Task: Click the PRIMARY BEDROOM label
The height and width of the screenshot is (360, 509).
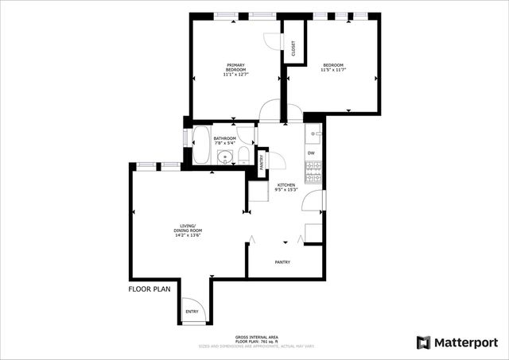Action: (x=236, y=68)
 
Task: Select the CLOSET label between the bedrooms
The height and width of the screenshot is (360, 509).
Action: (x=293, y=49)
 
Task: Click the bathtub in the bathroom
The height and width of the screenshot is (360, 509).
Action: (x=201, y=145)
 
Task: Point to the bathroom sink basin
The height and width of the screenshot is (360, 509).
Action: (x=225, y=157)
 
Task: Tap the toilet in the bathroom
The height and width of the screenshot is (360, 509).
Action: (x=244, y=155)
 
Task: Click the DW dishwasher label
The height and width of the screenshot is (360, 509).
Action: (x=311, y=153)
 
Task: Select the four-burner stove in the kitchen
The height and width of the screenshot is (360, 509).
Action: (x=313, y=168)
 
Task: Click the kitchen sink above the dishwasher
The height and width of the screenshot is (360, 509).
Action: (x=313, y=133)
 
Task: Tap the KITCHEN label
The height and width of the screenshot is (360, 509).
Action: (x=286, y=184)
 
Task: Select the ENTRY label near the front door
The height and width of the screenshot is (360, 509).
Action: (x=192, y=312)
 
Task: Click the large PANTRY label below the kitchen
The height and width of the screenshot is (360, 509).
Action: (x=282, y=262)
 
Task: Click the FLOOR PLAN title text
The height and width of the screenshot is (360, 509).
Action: (x=149, y=289)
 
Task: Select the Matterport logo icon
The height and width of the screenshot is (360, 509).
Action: (x=424, y=342)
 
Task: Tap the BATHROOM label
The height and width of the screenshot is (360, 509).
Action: (x=224, y=138)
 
